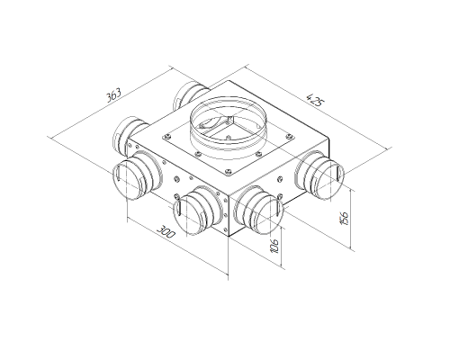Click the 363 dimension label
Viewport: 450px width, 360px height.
coord(113,94)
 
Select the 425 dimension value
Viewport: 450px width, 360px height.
coord(315,100)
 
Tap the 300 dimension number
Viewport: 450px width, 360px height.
coord(166,231)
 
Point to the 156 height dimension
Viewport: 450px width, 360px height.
coord(345,218)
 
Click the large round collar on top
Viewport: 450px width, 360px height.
coord(228,124)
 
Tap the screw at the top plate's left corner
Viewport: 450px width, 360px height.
coord(166,137)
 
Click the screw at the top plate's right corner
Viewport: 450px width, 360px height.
coord(289,137)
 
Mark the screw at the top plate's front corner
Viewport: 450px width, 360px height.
coord(229,171)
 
